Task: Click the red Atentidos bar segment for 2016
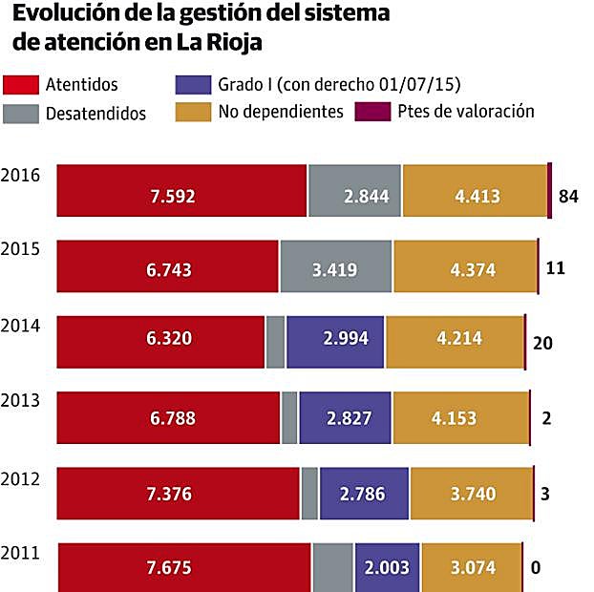[181, 191]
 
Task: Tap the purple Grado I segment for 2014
[335, 341]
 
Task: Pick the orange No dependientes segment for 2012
[471, 494]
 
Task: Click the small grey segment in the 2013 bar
[289, 417]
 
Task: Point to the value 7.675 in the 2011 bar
[170, 568]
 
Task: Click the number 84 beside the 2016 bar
[569, 198]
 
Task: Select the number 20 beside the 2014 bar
[543, 344]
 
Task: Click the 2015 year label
[20, 249]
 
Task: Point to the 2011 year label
[20, 552]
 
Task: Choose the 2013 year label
[20, 400]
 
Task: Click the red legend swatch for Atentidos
[22, 85]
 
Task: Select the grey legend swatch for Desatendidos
[22, 113]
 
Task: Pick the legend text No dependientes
[281, 112]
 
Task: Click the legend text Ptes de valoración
[466, 112]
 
